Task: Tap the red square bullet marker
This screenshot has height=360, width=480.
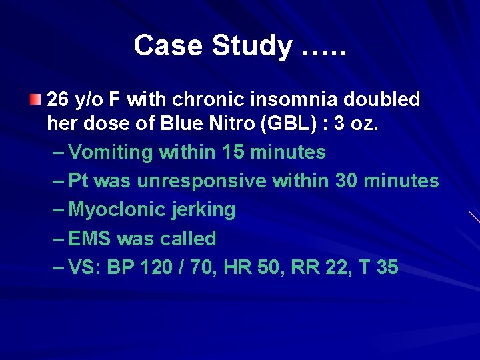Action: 35,101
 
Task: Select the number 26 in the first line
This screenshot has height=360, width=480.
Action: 58,100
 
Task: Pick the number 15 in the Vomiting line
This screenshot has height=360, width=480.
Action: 233,153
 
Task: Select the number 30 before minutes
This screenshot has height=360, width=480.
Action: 347,181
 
